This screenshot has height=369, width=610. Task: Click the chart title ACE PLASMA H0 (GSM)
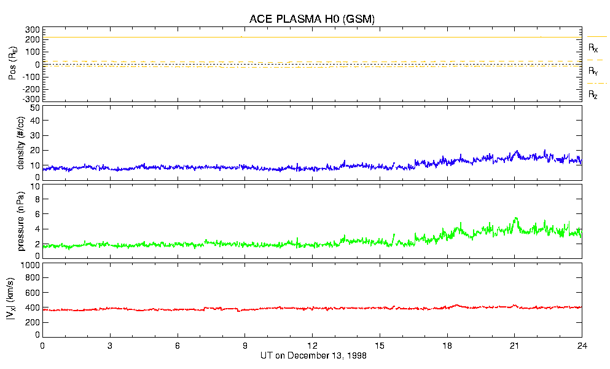tap(311, 19)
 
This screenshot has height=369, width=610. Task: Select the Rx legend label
tap(593, 48)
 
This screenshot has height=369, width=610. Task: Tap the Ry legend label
tap(593, 71)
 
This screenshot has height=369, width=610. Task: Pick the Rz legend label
tap(593, 95)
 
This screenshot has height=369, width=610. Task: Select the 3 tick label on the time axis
tap(110, 346)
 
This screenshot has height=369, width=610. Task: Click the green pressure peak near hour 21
tap(516, 218)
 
